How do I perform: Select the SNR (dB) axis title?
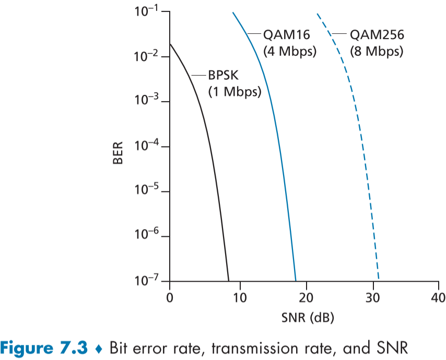pyautogui.click(x=304, y=317)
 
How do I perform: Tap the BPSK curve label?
pyautogui.click(x=225, y=76)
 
